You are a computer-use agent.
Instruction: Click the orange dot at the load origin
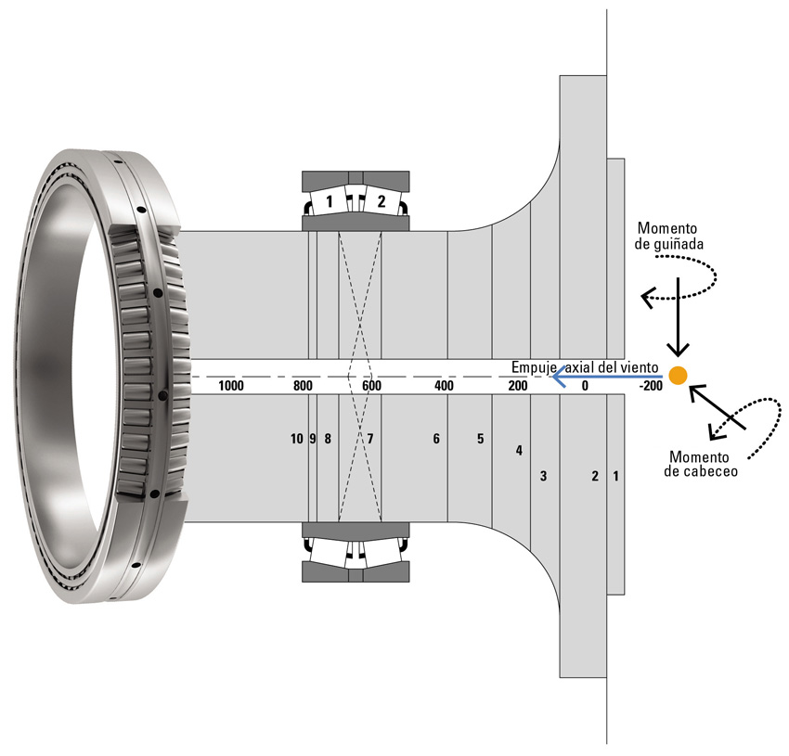(x=679, y=375)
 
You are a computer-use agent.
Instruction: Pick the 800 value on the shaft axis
(x=302, y=386)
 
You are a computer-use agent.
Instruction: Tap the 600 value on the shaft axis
(x=371, y=386)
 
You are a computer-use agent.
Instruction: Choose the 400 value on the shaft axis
(x=444, y=386)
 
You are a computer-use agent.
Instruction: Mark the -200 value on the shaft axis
(x=651, y=386)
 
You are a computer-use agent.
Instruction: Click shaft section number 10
(x=296, y=439)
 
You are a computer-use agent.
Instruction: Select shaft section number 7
(x=369, y=439)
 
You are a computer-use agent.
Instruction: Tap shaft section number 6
(x=435, y=439)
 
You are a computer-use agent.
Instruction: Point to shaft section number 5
(x=480, y=439)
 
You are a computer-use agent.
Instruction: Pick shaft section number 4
(x=519, y=451)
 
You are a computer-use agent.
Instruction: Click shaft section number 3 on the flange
(x=543, y=477)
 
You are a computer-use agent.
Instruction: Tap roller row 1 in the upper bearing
(x=329, y=201)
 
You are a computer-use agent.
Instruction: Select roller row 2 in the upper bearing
(x=380, y=201)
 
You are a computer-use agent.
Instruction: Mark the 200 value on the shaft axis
(x=517, y=386)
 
